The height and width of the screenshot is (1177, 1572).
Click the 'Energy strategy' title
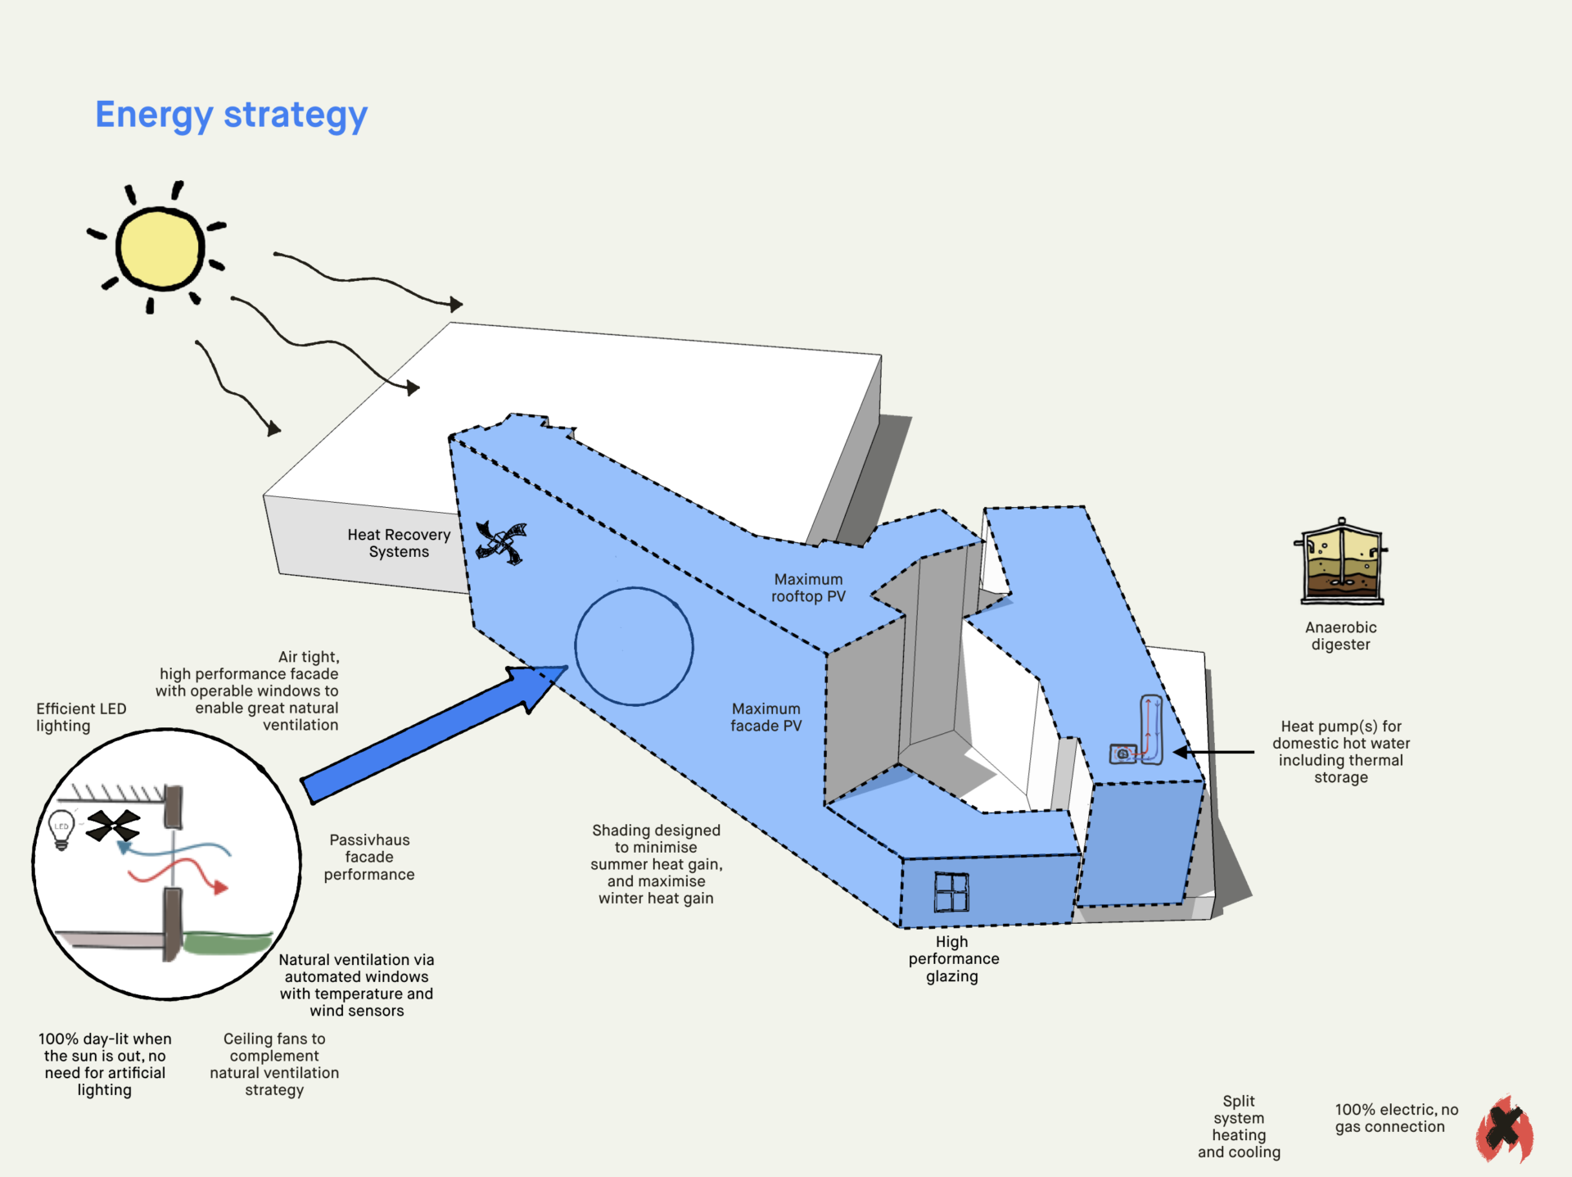[x=231, y=115]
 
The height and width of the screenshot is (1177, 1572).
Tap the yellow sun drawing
[x=160, y=248]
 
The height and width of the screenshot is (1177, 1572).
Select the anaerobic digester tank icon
[x=1341, y=563]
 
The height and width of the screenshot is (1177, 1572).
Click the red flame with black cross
[x=1505, y=1129]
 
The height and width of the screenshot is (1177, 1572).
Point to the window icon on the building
[x=951, y=892]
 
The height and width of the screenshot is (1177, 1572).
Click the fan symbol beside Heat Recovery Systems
[x=500, y=542]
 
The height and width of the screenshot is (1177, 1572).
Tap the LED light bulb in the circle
[x=61, y=829]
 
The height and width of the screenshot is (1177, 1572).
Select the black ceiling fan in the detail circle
[x=113, y=826]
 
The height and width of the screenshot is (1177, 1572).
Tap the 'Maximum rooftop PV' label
[x=808, y=588]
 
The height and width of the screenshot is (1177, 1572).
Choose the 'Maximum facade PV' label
[x=766, y=718]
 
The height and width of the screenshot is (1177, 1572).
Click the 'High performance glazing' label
[x=953, y=958]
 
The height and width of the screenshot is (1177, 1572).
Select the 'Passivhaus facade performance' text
[x=369, y=857]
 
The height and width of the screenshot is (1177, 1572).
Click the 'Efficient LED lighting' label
[x=81, y=717]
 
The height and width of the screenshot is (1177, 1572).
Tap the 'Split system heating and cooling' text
[x=1239, y=1126]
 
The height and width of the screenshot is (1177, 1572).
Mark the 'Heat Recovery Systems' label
[x=399, y=543]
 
